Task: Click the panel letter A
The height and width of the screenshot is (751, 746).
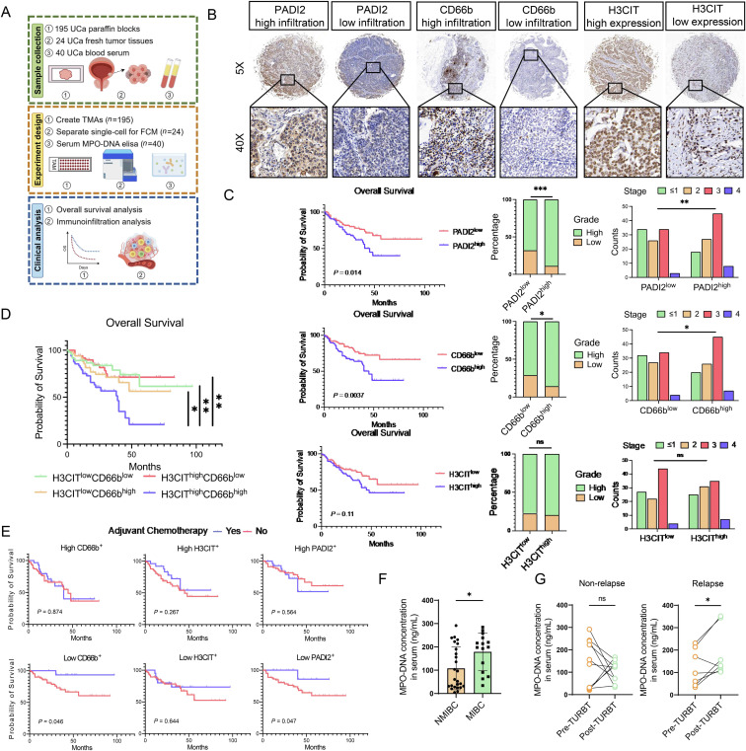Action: [x=9, y=9]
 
